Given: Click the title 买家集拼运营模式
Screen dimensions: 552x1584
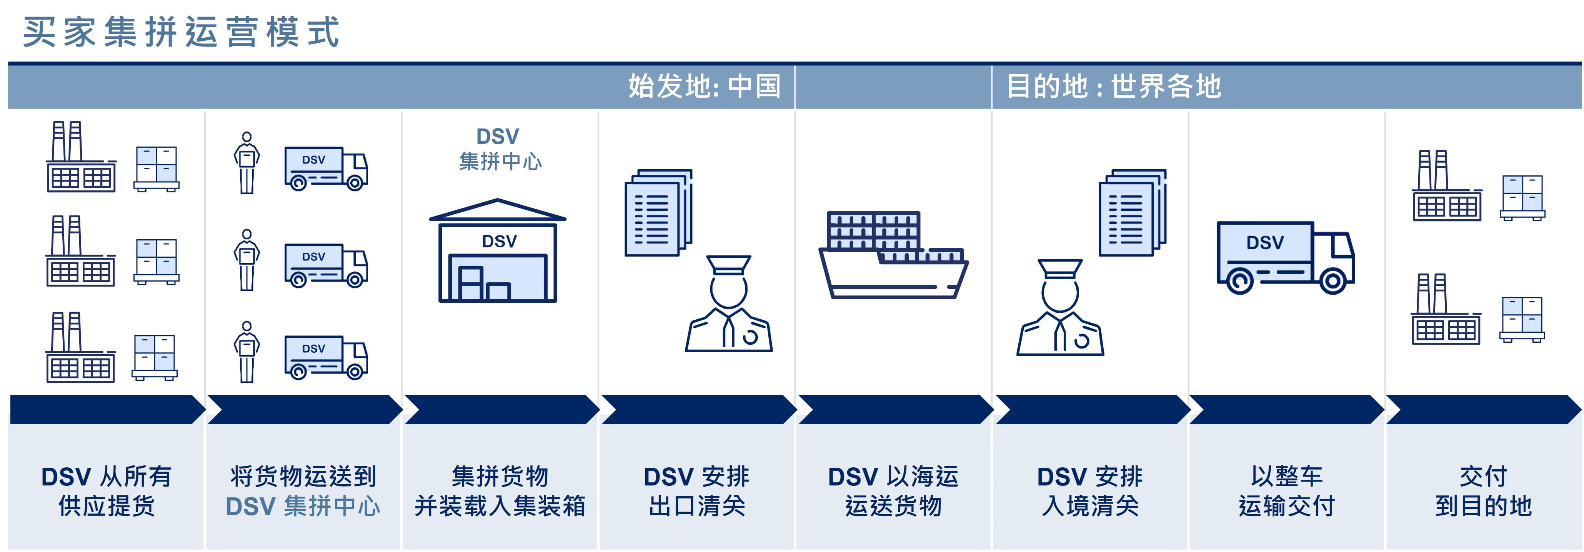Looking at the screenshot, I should pos(182,32).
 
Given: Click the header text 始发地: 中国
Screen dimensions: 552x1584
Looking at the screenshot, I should pos(704,86).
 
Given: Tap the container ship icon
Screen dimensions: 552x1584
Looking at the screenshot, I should pos(893,255).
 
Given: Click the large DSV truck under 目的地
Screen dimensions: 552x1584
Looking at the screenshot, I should pos(1285,257).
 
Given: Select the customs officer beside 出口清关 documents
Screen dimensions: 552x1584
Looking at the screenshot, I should pos(729,305).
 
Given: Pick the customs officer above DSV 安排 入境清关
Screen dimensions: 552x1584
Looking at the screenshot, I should pos(1059,308).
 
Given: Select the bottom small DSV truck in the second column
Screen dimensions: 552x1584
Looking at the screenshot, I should pos(326,357).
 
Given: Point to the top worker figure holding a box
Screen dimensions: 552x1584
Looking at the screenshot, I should pos(247,163).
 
